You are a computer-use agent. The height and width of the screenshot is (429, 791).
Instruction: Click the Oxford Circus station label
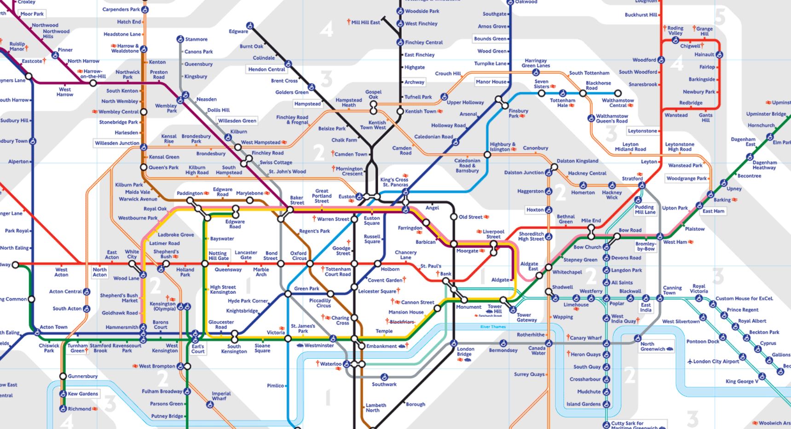point(298,256)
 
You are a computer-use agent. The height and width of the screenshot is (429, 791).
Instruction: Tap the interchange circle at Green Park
point(288,293)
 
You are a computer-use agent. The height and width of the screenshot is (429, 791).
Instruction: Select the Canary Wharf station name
point(586,338)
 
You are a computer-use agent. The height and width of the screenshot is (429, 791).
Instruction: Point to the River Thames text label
point(493,327)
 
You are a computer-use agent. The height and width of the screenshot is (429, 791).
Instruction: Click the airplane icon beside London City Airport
point(690,361)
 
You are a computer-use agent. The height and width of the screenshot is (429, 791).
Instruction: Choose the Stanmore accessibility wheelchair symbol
point(180,39)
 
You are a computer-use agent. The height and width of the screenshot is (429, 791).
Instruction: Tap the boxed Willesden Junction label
point(117,143)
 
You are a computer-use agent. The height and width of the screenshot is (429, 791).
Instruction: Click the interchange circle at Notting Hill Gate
point(205,264)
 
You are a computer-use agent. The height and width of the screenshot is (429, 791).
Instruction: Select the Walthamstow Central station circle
point(618,93)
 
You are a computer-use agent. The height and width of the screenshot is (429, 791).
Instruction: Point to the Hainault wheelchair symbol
point(719,55)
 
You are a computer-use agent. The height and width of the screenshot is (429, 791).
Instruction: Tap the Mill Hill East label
point(365,22)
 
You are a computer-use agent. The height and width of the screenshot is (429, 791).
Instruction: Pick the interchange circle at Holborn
point(378,264)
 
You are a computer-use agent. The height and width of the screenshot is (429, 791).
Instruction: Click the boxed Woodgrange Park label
point(687,178)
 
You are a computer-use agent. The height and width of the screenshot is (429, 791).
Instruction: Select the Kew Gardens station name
point(83,394)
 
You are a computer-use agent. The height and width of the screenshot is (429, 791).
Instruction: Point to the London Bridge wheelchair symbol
point(454,343)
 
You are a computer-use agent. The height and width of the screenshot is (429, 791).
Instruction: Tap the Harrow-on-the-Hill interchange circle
point(93,83)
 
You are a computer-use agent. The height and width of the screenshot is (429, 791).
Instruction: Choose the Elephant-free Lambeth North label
point(375,408)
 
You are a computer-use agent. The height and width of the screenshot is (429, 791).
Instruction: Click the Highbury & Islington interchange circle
point(487,154)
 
